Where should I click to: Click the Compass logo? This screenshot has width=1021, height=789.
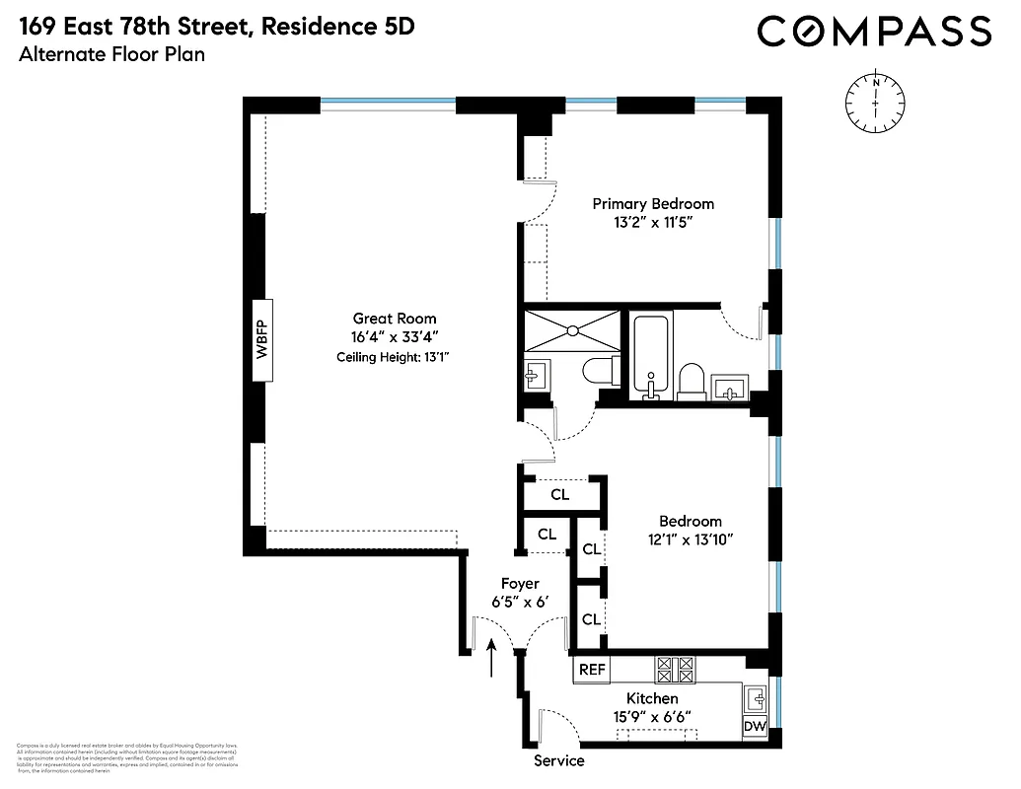click(874, 32)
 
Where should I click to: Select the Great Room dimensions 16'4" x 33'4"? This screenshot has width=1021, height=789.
click(395, 337)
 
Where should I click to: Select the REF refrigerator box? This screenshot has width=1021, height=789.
click(592, 670)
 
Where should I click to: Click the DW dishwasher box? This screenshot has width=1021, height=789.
click(755, 727)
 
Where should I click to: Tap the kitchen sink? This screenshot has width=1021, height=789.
click(757, 698)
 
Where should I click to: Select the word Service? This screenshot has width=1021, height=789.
click(559, 761)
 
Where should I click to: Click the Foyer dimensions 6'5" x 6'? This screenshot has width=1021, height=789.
click(519, 602)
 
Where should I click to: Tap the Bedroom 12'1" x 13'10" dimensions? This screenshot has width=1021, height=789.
click(691, 538)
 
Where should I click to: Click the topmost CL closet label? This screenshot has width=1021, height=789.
click(559, 494)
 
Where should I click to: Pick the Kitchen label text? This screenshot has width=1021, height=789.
click(652, 698)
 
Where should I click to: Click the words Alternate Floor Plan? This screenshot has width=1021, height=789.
click(111, 55)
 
